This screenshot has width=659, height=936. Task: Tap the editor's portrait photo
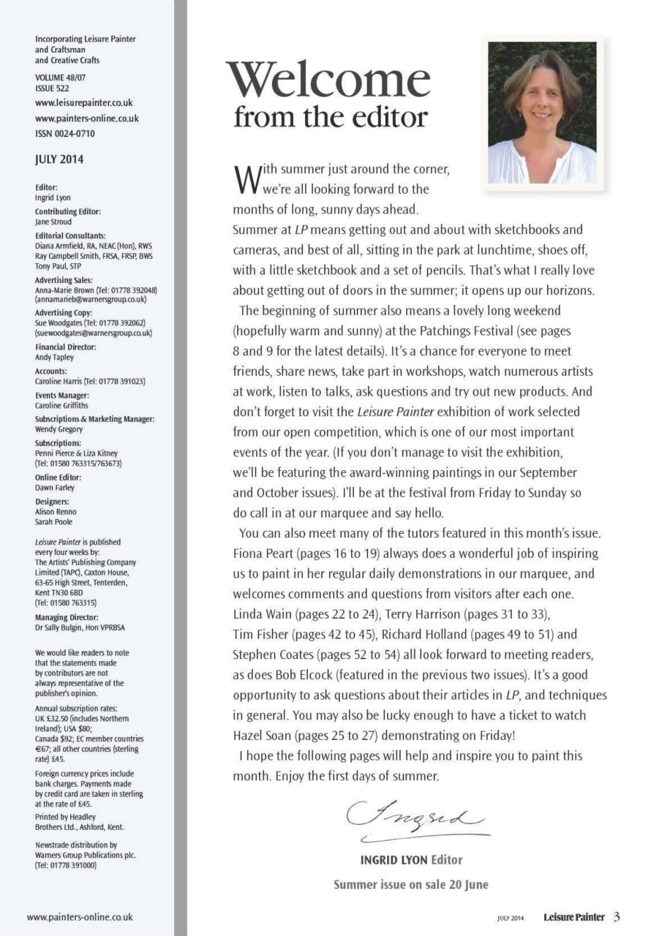point(542,113)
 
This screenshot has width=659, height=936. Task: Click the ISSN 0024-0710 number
point(65,134)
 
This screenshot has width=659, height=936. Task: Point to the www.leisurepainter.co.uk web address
point(84,103)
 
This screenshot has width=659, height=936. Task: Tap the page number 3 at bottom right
point(617,916)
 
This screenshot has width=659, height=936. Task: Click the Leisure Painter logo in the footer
point(573,917)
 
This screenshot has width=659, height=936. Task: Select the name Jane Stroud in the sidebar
point(53,222)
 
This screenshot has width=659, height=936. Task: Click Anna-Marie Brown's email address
point(91,300)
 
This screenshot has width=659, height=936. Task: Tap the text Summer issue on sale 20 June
point(410,884)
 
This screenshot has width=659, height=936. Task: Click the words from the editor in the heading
point(330,117)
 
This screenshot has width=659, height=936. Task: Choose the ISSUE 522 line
point(53,88)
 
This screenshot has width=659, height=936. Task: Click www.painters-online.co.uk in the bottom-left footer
point(80,916)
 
